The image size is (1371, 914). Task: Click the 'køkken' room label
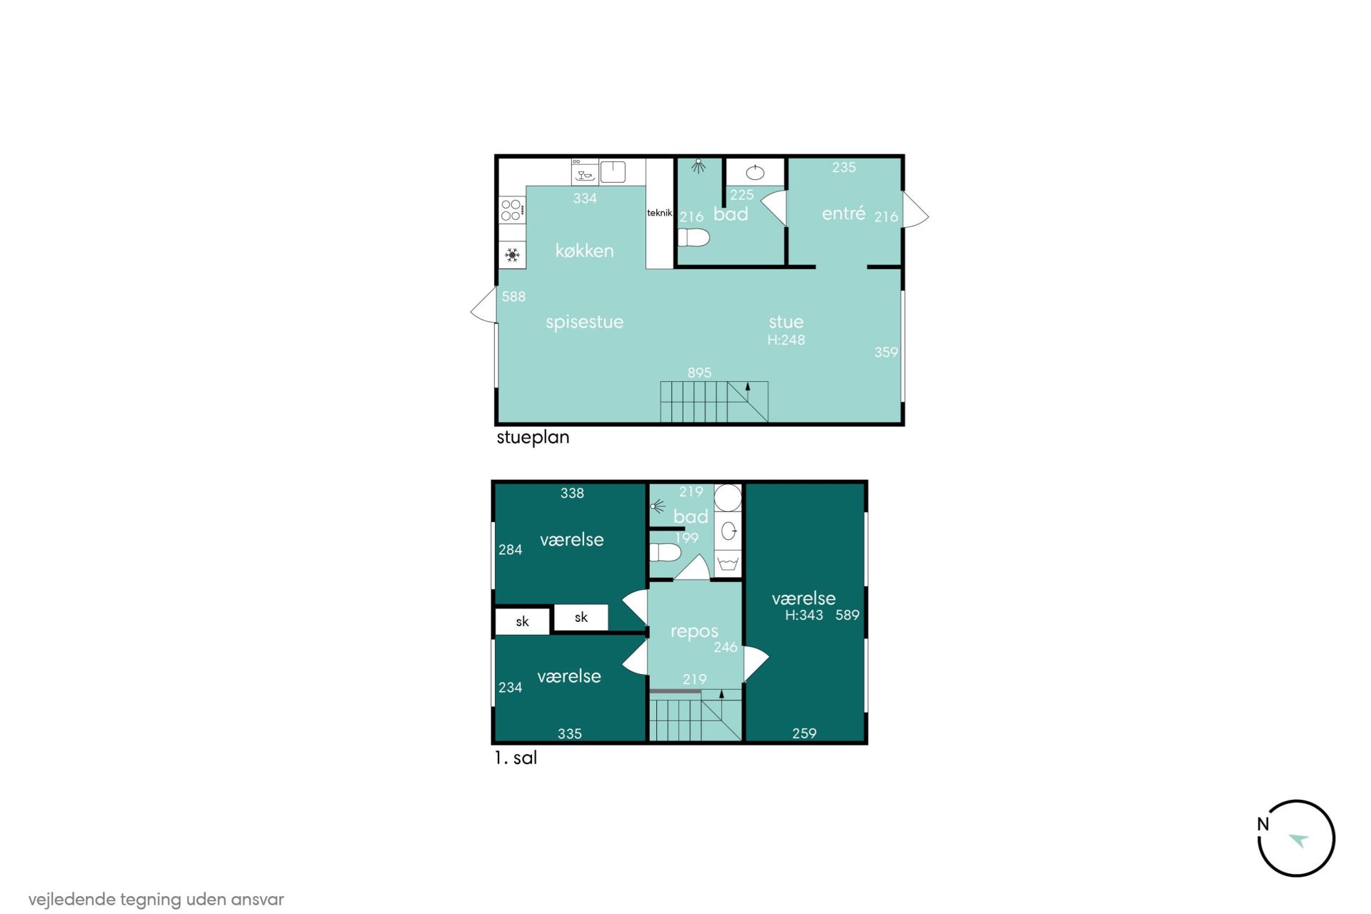point(584,251)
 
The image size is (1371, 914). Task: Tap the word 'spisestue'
point(584,323)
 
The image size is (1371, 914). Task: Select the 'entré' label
point(843,213)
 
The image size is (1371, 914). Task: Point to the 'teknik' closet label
point(659,213)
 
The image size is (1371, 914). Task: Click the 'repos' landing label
point(694,632)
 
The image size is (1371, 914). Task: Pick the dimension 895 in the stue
point(699,373)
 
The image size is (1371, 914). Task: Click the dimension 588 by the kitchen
point(513,296)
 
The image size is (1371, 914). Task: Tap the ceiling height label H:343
point(804,615)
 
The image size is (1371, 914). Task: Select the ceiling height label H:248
point(785,340)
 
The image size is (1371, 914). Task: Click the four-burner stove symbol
point(512,210)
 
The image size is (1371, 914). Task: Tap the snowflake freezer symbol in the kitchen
point(512,255)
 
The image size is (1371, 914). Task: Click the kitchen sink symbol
point(613,172)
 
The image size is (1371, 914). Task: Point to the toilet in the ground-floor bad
point(693,238)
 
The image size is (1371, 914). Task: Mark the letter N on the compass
point(1263,824)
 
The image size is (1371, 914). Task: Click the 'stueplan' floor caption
point(533,438)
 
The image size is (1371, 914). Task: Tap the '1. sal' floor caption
point(516,758)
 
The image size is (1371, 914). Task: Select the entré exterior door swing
point(915,210)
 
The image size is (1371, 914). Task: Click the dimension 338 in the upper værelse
point(572,493)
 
